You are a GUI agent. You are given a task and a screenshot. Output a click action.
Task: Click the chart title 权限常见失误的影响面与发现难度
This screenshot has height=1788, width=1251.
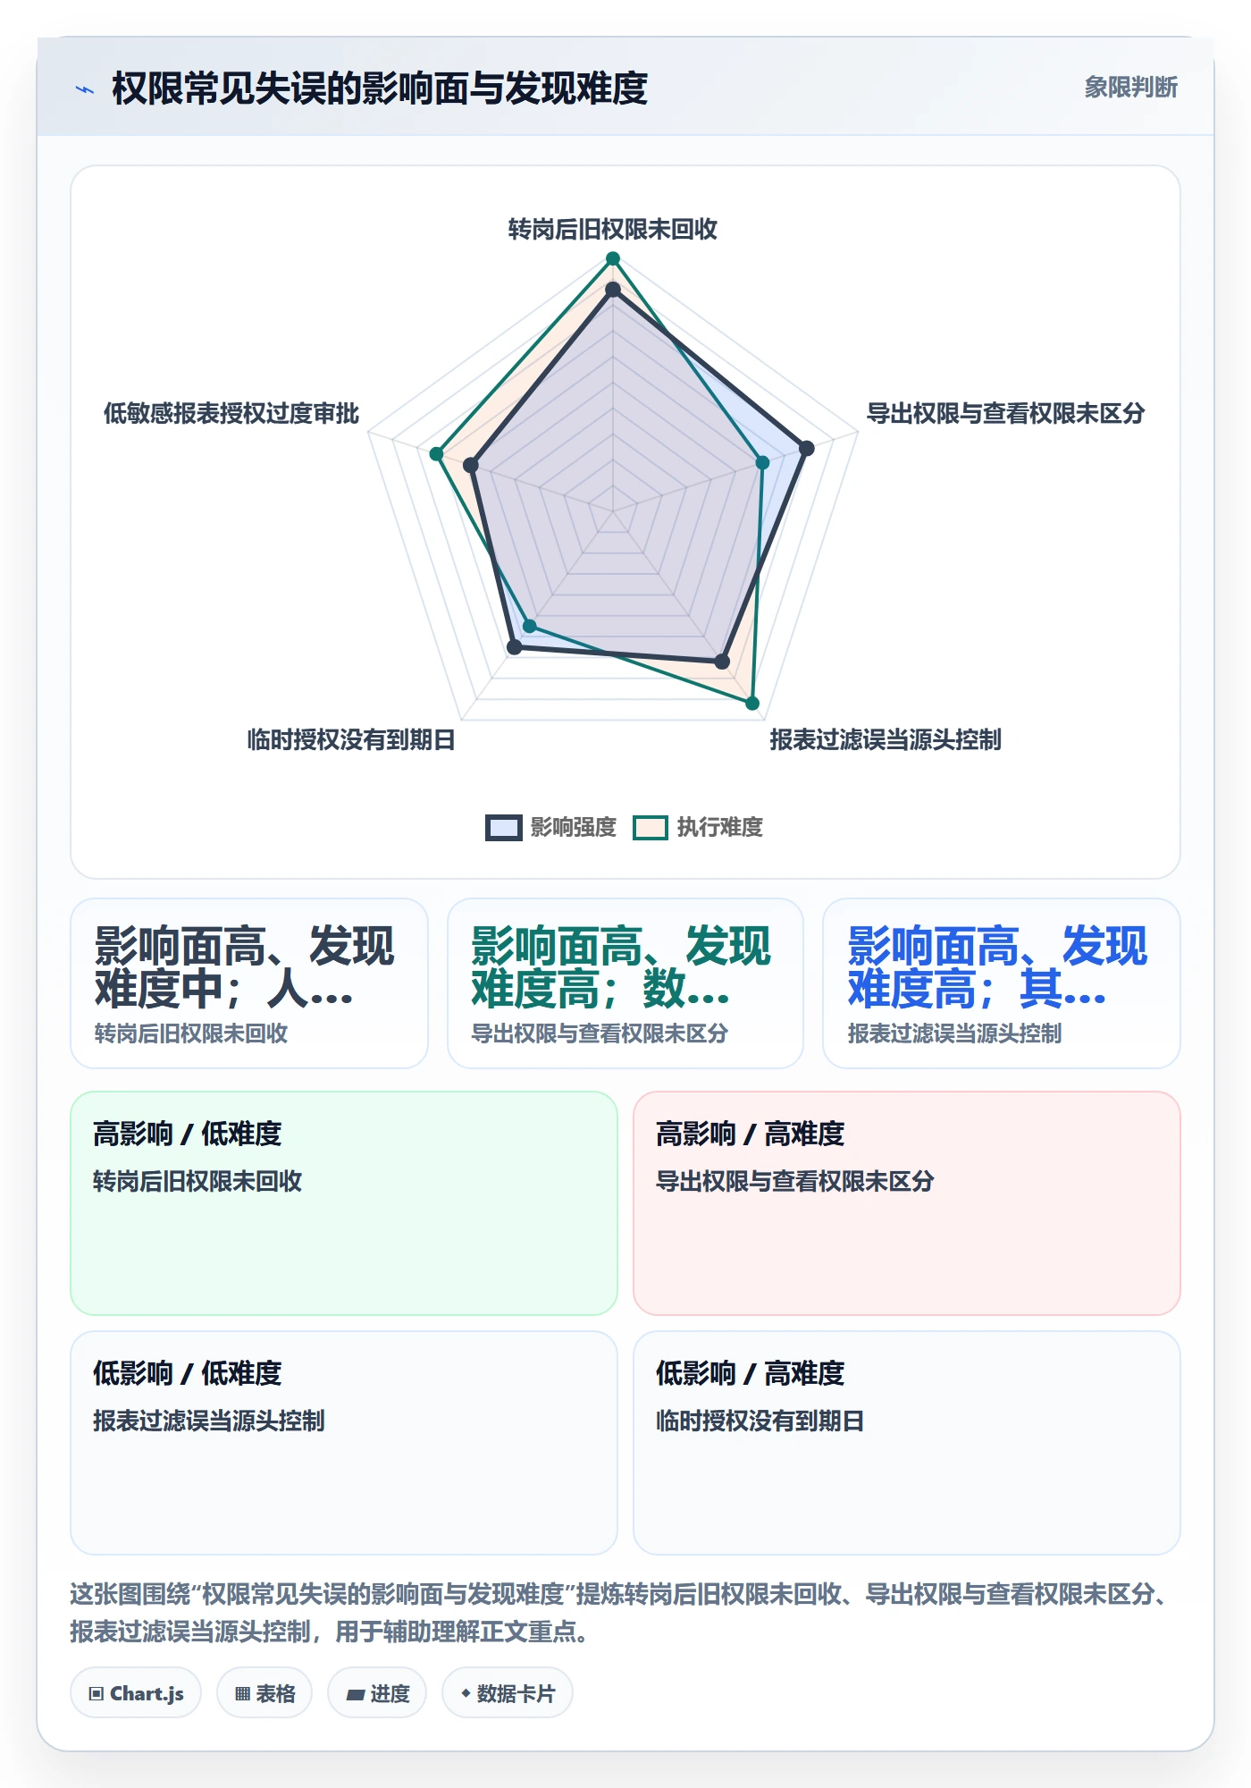(x=380, y=89)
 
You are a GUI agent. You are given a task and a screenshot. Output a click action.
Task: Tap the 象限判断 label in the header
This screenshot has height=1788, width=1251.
(x=1130, y=87)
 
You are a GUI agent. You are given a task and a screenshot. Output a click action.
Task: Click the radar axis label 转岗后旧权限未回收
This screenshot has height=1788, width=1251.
(x=613, y=230)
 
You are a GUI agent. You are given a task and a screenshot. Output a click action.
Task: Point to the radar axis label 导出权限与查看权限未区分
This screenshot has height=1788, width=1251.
(x=1005, y=413)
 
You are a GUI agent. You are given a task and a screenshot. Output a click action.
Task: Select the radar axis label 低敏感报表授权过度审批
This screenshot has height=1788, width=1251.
(x=231, y=413)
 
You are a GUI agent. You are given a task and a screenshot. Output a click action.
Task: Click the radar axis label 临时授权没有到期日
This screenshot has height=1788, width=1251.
(x=351, y=739)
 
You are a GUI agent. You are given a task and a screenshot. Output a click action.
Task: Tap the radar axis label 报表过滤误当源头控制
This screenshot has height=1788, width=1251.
(x=886, y=739)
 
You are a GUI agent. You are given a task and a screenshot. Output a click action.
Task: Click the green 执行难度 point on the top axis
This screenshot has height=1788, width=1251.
(x=613, y=259)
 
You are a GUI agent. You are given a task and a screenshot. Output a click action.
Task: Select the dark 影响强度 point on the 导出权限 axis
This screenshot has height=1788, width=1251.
(x=806, y=449)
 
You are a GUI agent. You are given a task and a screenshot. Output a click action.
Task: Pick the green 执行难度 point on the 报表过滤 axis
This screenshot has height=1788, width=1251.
(x=752, y=704)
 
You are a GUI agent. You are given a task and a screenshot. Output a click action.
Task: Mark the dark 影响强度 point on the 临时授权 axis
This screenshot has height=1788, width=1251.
(x=514, y=647)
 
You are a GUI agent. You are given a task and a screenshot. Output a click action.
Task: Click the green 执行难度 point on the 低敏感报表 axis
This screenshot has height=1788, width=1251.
(x=437, y=454)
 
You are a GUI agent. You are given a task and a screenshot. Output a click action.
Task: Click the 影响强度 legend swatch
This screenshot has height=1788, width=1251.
(x=504, y=828)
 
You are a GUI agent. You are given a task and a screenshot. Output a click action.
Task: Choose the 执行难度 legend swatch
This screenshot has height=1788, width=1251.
(x=651, y=828)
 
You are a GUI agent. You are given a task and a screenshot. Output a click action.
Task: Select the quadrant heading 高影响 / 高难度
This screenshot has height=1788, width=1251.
(x=751, y=1134)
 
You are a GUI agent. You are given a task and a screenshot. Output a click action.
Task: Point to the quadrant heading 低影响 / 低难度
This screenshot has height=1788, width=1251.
(x=188, y=1373)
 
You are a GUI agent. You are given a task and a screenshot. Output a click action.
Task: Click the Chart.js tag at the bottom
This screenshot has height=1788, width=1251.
(x=136, y=1693)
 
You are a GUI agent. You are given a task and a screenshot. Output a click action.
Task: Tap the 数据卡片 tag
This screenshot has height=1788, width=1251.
(x=508, y=1693)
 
